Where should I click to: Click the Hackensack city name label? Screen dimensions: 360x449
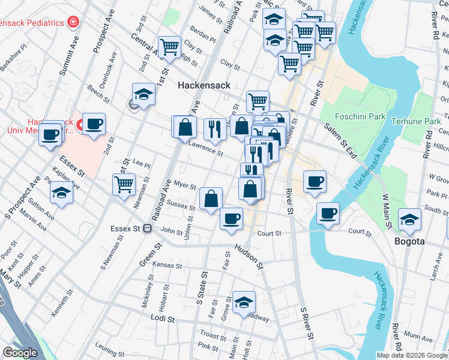tap(203, 86)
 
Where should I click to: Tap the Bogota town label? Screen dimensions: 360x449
tap(410, 241)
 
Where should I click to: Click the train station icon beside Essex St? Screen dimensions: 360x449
tap(146, 229)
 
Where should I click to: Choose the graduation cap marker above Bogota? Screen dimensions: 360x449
tap(410, 220)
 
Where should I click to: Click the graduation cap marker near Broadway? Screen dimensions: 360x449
tap(244, 303)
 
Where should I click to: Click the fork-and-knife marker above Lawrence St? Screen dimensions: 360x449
tap(214, 128)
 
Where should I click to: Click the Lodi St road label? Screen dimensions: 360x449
tap(162, 319)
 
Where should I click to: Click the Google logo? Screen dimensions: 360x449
tap(20, 353)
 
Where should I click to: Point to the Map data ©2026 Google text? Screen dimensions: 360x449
tap(412, 355)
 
